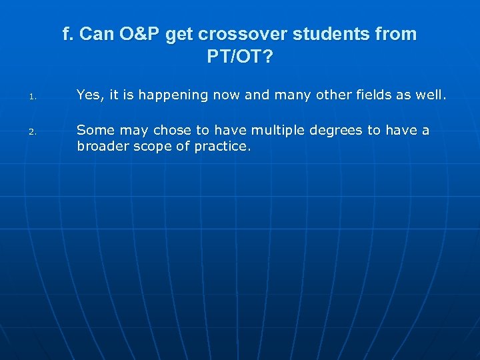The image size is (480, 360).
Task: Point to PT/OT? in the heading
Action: [x=239, y=57]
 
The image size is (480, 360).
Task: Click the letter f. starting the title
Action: [x=67, y=35]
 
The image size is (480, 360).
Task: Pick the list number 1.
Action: [x=31, y=97]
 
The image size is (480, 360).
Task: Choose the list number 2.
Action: [x=31, y=132]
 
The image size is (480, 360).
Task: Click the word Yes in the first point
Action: [x=89, y=95]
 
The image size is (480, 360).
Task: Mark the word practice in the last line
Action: [x=222, y=147]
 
